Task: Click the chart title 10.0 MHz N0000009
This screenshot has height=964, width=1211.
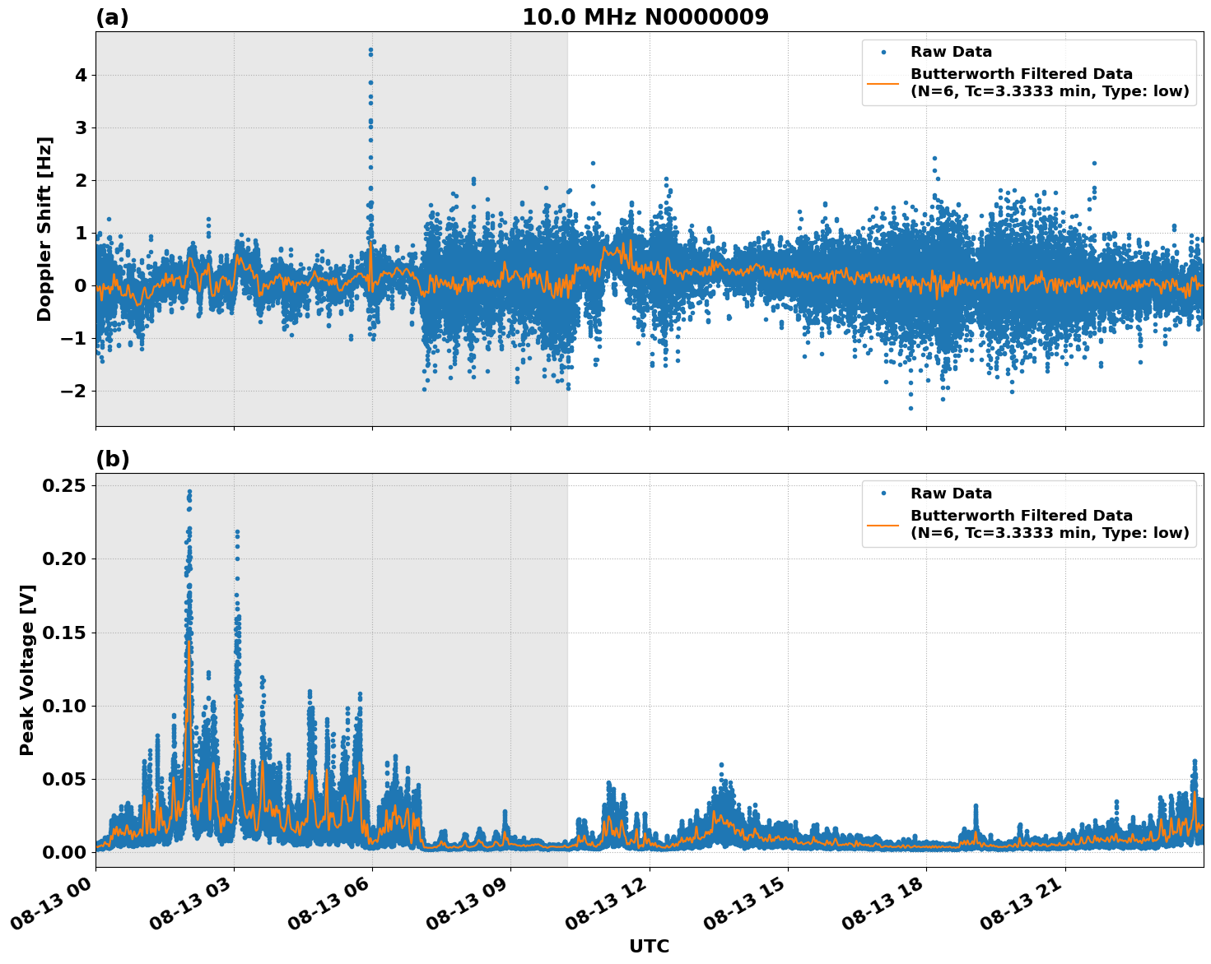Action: pos(645,17)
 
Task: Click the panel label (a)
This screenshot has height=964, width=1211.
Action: pos(112,17)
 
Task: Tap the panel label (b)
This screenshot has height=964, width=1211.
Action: pos(112,459)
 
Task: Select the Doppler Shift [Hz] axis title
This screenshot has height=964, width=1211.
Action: pos(44,229)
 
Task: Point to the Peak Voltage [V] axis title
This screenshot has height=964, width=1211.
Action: pos(27,670)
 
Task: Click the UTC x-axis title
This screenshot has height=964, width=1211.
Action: pos(649,946)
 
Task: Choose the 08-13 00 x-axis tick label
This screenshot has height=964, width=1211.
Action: pos(52,908)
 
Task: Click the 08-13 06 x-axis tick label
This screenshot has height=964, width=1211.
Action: pos(329,908)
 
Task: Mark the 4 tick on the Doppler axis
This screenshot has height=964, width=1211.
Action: pos(81,75)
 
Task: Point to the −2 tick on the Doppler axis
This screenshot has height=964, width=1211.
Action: pos(74,391)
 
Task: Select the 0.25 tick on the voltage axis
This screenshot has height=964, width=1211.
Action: pos(65,485)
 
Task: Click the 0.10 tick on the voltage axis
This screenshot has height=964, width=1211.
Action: pos(65,706)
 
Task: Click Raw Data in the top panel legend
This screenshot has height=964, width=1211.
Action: pos(951,52)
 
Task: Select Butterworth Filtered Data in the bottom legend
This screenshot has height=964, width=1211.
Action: pos(1021,516)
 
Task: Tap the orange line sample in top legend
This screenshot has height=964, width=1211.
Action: pos(883,82)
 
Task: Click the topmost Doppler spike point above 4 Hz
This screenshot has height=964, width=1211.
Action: pos(370,49)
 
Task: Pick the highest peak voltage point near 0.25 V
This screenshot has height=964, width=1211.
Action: pos(189,491)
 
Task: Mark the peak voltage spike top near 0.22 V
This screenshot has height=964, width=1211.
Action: pos(237,532)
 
